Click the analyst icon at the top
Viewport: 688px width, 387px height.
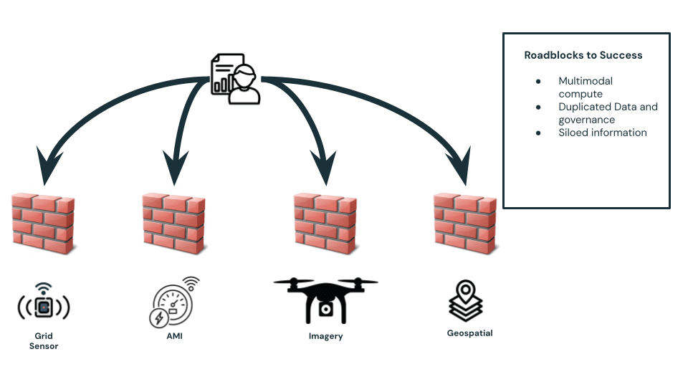coord(235,79)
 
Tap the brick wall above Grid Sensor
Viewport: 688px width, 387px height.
coord(42,223)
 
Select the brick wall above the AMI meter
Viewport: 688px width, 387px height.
coord(174,223)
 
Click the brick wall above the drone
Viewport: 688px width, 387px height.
coord(326,223)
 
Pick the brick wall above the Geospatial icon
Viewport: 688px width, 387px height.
coord(465,223)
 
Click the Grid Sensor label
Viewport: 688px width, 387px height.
coord(44,341)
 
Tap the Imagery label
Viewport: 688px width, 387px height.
coord(325,335)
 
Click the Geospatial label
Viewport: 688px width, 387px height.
coord(469,333)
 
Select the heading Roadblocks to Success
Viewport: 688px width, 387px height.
coord(583,55)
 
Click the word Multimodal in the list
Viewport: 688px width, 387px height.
coord(586,81)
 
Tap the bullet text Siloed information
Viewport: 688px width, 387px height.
coord(603,133)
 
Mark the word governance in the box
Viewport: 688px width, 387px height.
coord(587,120)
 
